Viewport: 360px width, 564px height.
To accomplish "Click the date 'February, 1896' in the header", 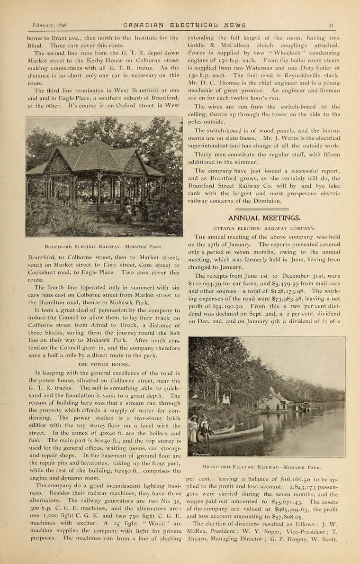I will pos(49,26).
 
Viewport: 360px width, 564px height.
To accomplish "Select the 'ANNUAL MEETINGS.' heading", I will pos(264,218).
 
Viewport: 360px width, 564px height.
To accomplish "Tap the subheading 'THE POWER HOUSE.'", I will pos(104,364).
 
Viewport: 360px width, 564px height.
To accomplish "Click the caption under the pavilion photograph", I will pos(104,246).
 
